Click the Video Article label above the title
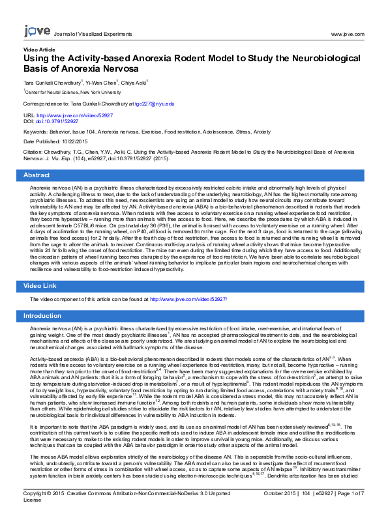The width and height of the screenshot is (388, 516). coord(39,50)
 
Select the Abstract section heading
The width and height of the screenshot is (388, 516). coord(37,175)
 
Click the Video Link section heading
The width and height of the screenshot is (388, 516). coord(40,286)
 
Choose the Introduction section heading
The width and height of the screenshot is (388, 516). coord(42,316)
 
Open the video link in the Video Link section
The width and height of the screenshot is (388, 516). coord(188,298)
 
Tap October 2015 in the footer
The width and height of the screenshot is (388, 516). coord(282,503)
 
